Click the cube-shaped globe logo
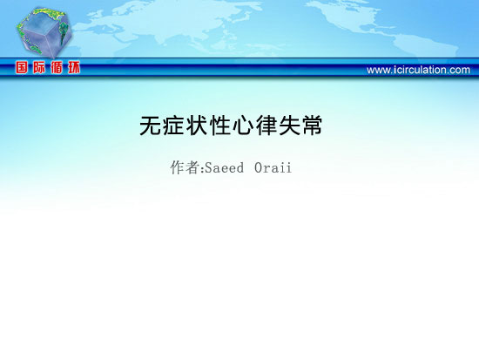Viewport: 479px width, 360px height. coord(44,32)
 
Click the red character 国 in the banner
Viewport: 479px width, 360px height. coord(22,67)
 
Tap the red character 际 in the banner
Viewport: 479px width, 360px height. coord(39,67)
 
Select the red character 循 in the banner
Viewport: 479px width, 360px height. coord(57,67)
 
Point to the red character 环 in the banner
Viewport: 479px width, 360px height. coord(74,67)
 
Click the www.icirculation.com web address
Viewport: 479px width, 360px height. coord(418,70)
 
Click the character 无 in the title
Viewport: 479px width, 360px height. coord(151,126)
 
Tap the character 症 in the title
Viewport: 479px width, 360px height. coord(173,126)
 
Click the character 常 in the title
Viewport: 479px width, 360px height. coord(312,126)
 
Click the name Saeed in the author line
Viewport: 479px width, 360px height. coord(224,168)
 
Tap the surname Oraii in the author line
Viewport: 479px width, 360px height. coord(273,168)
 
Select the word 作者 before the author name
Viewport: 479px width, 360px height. coord(185,167)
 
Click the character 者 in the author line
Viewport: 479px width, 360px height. coord(192,167)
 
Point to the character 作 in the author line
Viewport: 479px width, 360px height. coord(177,167)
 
